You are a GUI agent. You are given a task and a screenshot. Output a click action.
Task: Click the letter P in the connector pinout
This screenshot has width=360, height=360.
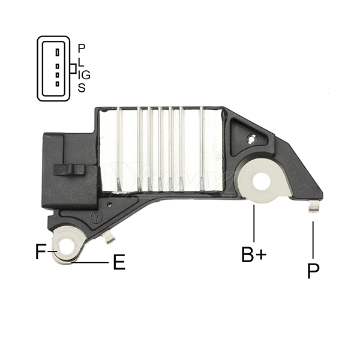pyautogui.click(x=82, y=47)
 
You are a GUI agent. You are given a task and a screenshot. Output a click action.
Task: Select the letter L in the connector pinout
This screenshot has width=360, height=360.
pyautogui.click(x=81, y=61)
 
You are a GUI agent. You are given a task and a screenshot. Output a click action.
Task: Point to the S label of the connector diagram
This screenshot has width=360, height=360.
pyautogui.click(x=82, y=88)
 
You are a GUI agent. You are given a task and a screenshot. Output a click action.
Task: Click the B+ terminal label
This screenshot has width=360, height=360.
pyautogui.click(x=253, y=254)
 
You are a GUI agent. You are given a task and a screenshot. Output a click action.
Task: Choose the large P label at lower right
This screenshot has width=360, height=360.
pyautogui.click(x=313, y=271)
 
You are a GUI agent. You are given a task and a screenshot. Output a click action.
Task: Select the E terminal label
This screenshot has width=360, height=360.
pyautogui.click(x=119, y=263)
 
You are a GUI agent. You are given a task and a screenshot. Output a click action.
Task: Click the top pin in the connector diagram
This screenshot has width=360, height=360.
pyautogui.click(x=57, y=52)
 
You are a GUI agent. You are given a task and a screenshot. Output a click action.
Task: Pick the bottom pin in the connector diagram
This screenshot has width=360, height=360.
pyautogui.click(x=57, y=84)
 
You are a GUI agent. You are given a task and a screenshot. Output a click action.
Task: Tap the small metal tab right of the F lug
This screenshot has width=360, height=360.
pyautogui.click(x=108, y=239)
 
